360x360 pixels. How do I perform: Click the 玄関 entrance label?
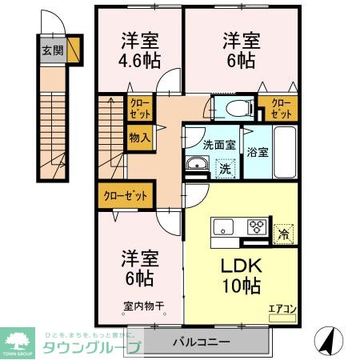(x=50, y=51)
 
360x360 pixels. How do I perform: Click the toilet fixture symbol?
(x=237, y=107)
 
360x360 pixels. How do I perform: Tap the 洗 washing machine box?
(x=225, y=168)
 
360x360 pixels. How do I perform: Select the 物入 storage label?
(x=139, y=138)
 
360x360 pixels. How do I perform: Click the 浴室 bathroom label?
(x=258, y=152)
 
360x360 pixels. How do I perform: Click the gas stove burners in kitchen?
(x=258, y=225)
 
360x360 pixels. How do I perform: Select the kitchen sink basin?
(x=222, y=225)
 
